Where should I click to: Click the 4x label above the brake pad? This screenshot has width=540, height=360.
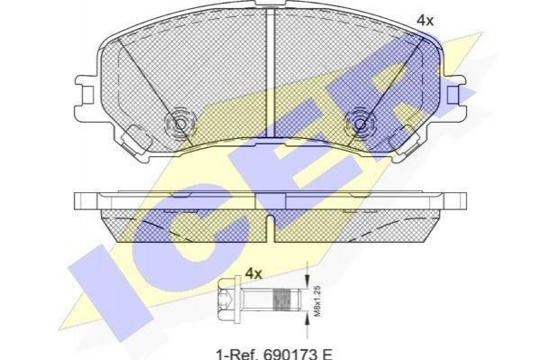(425, 21)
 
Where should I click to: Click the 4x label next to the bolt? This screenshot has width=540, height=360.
(253, 273)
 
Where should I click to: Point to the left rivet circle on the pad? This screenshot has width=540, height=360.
(179, 124)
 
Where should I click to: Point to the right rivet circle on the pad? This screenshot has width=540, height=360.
(359, 124)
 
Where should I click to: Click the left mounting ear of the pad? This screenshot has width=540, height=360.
(86, 94)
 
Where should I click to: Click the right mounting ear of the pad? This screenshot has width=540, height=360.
(455, 94)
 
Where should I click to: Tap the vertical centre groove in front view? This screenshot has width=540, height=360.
(270, 72)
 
